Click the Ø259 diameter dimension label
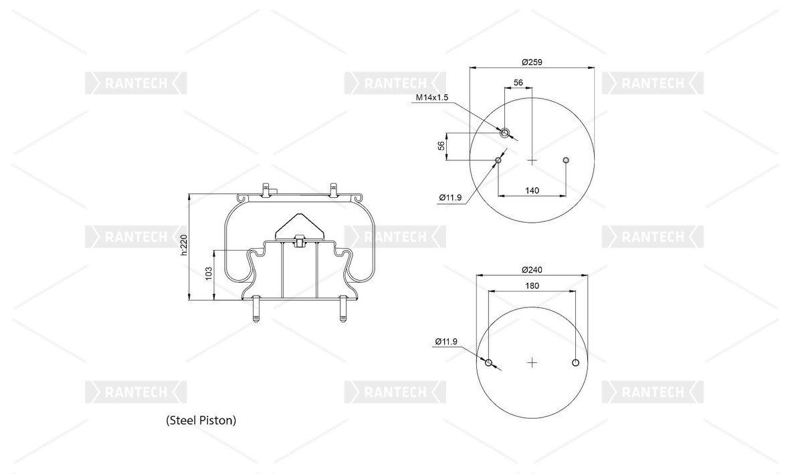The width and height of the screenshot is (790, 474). pos(532,62)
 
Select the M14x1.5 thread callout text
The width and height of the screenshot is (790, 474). pos(431,98)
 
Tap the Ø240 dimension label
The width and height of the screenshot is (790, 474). pos(532,269)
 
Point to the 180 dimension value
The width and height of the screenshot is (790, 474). pos(532,285)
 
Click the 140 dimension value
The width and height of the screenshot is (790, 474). pos(532,191)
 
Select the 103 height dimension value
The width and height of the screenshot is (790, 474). pos(208,273)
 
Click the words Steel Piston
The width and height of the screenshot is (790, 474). pos(201,421)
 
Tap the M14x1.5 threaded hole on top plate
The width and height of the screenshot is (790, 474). pos(505,132)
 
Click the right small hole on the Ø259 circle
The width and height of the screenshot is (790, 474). pos(566,160)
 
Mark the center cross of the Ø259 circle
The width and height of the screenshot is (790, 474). pos(532,160)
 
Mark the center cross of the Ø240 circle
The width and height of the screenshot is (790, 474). pos(532,363)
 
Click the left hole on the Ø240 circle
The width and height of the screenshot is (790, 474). pos(489,363)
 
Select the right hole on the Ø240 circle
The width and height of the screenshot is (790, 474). pos(575,363)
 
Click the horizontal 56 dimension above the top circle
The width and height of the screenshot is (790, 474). pos(518,82)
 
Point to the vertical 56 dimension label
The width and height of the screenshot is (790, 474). pos(441,146)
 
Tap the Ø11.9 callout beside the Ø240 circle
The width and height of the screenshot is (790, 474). pos(446,342)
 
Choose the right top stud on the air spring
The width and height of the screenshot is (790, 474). pos(332,188)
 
